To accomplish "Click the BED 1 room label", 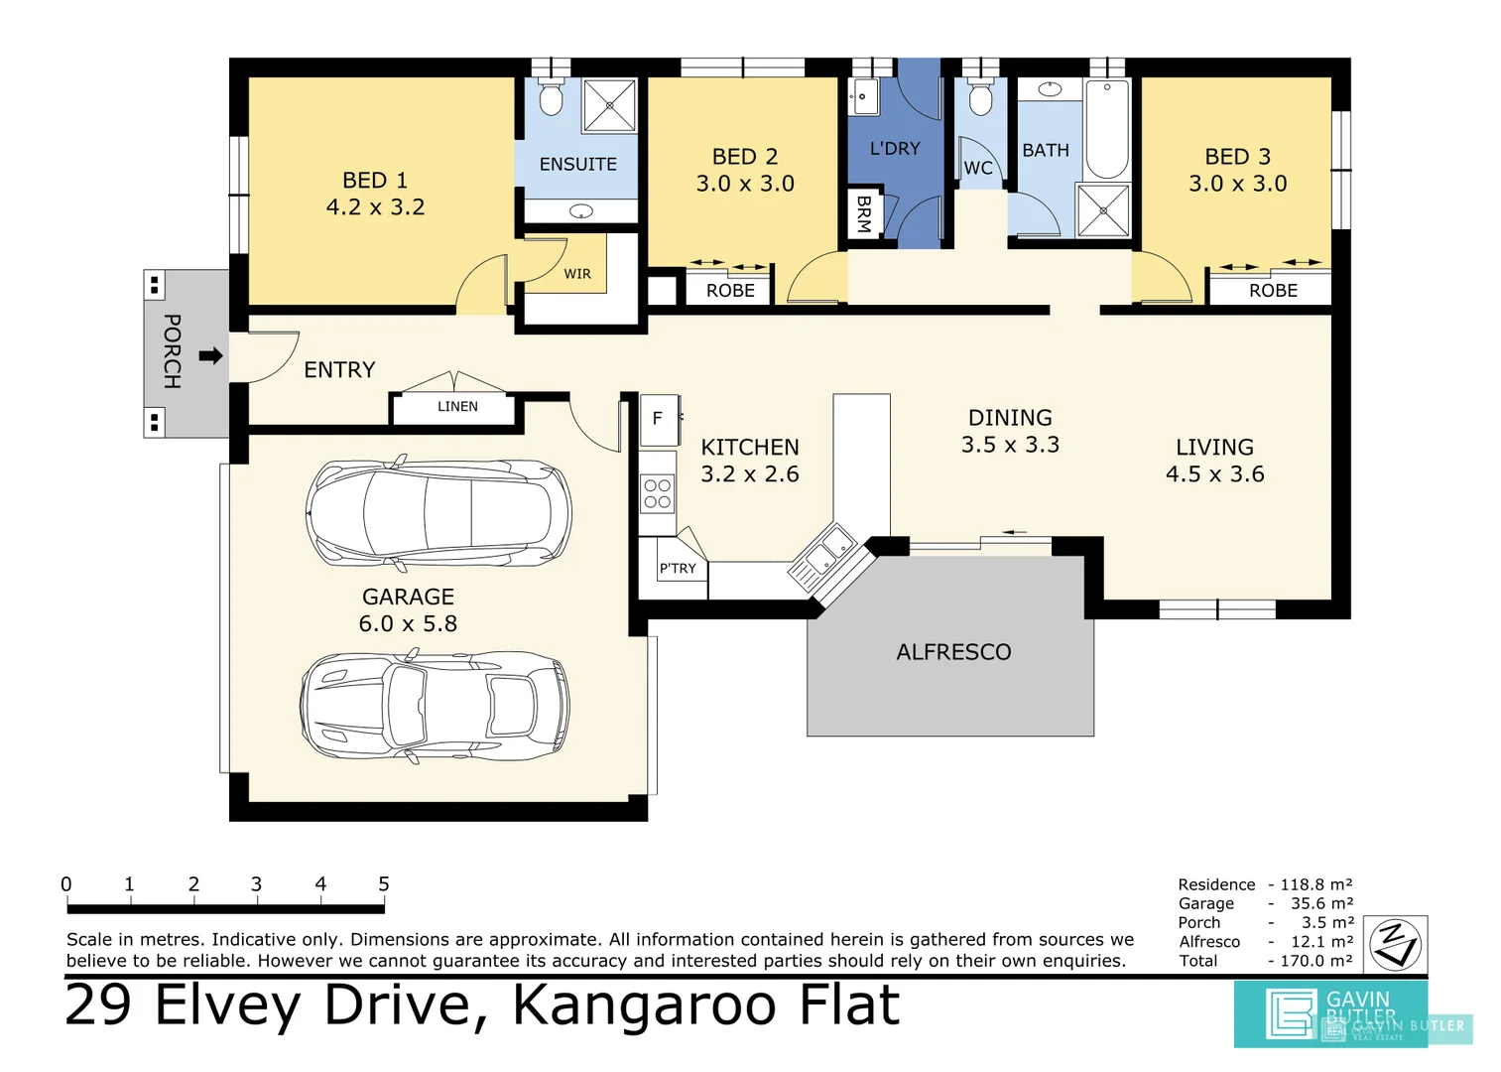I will click(375, 181).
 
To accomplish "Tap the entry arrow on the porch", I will click(210, 355).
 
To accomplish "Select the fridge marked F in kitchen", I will click(658, 419).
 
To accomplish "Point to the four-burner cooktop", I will click(657, 493).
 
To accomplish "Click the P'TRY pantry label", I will click(678, 569).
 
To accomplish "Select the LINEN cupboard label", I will click(457, 407).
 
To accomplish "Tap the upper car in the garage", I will click(438, 513).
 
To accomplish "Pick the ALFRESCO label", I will click(953, 652).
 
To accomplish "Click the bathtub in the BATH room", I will click(1107, 129).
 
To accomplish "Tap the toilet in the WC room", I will click(980, 99).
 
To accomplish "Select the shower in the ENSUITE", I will click(608, 105).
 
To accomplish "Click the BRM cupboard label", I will click(863, 213).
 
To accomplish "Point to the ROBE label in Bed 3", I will click(1273, 291).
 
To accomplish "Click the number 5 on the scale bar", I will click(383, 883).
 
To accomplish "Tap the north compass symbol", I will click(1396, 944).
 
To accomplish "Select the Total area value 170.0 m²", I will click(1314, 961).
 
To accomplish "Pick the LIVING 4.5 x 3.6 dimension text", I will click(1214, 474).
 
